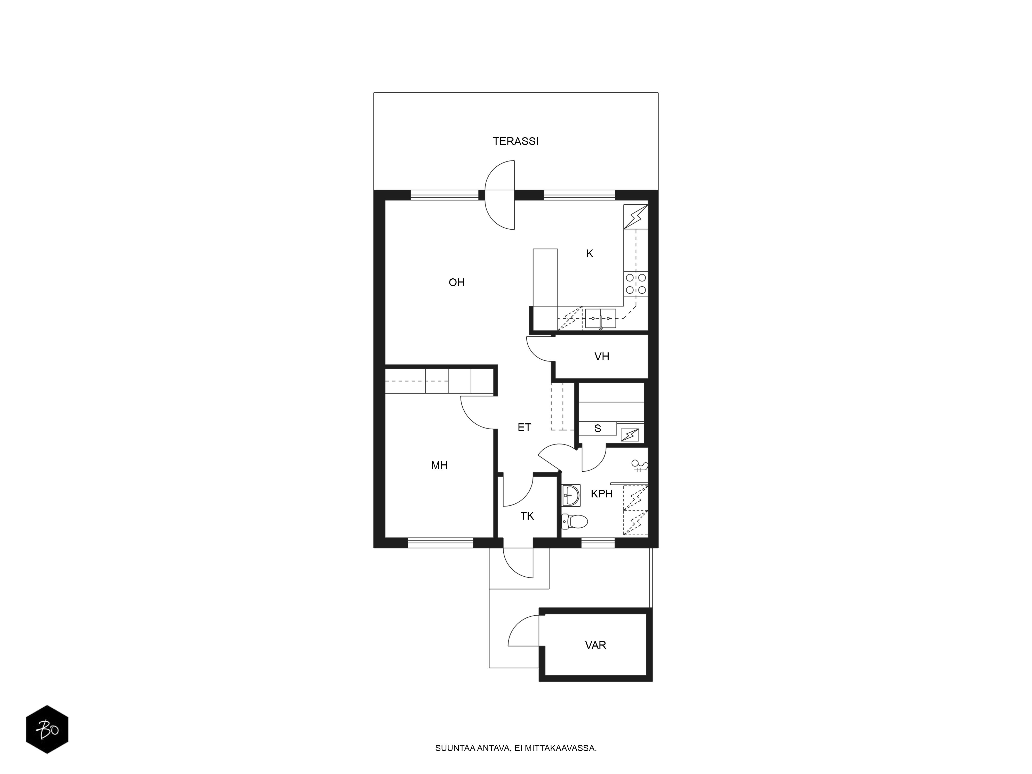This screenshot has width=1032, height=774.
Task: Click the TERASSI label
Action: (515, 141)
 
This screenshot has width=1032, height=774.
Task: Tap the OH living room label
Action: (456, 282)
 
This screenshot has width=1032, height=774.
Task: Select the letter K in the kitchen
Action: (590, 254)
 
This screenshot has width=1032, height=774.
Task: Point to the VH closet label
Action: (602, 357)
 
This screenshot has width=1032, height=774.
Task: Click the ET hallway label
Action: (525, 427)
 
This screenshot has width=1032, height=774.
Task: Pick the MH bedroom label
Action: (439, 465)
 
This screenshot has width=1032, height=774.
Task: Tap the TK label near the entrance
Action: (527, 516)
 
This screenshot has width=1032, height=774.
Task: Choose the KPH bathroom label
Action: (602, 494)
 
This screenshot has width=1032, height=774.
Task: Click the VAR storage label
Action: (596, 645)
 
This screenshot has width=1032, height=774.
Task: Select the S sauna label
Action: (598, 428)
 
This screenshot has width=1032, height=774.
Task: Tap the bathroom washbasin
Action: (571, 495)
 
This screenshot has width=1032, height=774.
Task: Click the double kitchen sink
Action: (600, 319)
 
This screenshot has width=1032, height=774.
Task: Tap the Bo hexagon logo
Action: (47, 729)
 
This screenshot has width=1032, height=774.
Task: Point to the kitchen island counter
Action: (545, 289)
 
